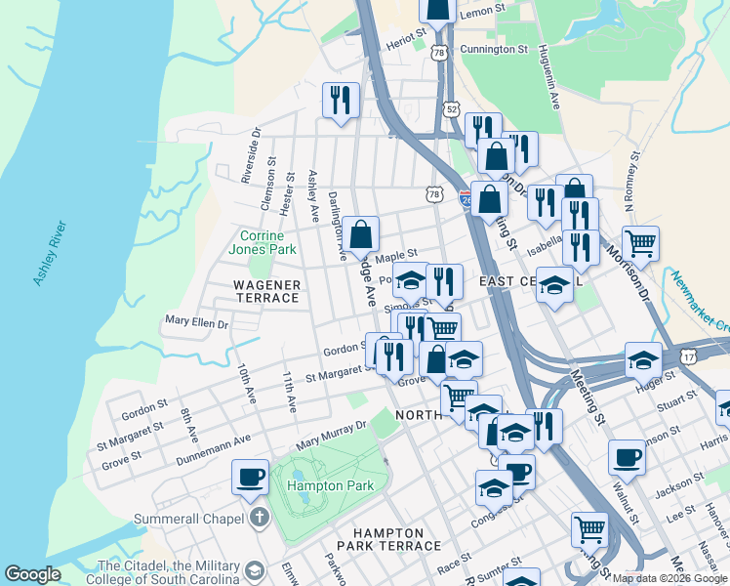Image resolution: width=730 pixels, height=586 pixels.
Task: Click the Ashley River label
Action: pyautogui.click(x=50, y=254)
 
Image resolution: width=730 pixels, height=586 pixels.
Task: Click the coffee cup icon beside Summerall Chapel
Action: pyautogui.click(x=250, y=476)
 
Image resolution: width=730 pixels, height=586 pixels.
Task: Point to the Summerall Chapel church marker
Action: pyautogui.click(x=259, y=517)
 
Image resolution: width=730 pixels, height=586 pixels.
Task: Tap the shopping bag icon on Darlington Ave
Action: pyautogui.click(x=361, y=233)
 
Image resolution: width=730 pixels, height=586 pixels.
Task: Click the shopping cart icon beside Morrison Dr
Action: pyautogui.click(x=640, y=241)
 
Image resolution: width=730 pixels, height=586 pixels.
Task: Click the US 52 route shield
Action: pyautogui.click(x=450, y=110)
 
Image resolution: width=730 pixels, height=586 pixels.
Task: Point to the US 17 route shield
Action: pyautogui.click(x=690, y=356)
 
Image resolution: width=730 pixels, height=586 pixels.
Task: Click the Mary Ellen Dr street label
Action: pyautogui.click(x=196, y=321)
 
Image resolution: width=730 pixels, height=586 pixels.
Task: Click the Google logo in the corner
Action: pyautogui.click(x=32, y=574)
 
